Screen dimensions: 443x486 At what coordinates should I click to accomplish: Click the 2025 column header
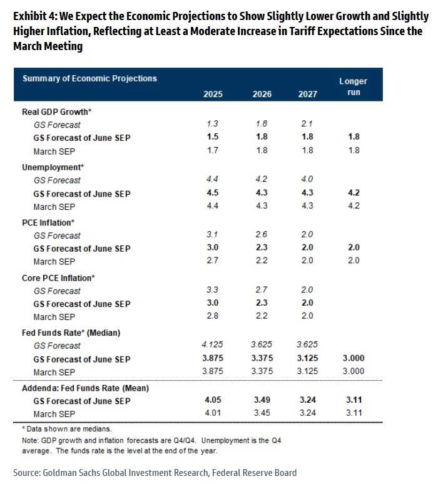(213, 94)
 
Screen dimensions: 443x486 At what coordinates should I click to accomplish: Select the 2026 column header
(262, 94)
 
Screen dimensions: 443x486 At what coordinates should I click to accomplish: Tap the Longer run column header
(354, 86)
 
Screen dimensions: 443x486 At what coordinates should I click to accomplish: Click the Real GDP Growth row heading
(57, 111)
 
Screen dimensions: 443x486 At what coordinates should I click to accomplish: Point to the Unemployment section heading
(53, 167)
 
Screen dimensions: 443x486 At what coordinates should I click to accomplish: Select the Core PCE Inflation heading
(58, 277)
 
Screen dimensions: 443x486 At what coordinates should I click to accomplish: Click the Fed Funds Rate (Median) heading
(71, 333)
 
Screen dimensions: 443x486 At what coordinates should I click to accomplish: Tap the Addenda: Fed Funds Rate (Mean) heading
(86, 388)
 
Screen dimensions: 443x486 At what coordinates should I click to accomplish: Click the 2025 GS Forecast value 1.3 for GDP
(212, 123)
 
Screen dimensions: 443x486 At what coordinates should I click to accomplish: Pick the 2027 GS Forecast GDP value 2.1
(307, 123)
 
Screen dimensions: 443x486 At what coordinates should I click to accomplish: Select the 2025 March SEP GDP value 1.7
(212, 150)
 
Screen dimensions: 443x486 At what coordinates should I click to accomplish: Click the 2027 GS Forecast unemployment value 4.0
(307, 179)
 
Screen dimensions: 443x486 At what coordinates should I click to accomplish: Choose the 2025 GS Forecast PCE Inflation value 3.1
(212, 234)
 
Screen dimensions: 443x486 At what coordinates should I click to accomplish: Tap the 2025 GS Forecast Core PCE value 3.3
(212, 290)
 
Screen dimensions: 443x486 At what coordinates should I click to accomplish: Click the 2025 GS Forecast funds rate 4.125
(212, 344)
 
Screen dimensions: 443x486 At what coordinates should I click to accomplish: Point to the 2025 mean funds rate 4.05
(213, 400)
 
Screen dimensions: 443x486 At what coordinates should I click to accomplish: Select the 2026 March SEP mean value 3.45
(262, 413)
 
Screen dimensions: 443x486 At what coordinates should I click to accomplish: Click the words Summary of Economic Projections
(89, 78)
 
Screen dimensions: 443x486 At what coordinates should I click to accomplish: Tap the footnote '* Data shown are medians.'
(67, 429)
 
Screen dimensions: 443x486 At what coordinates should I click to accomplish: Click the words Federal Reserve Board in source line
(254, 473)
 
